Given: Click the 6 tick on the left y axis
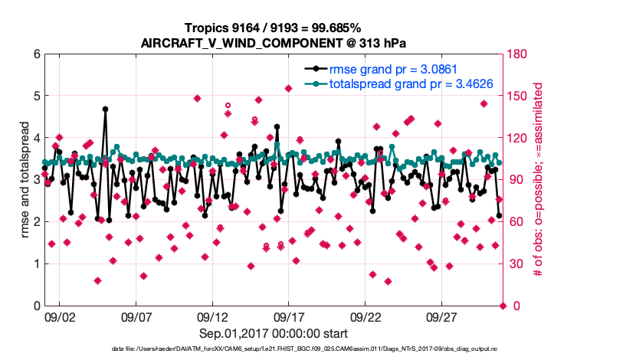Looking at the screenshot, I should [x=36, y=54].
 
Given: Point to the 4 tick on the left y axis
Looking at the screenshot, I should [x=36, y=139].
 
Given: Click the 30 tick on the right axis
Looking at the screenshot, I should [x=517, y=264].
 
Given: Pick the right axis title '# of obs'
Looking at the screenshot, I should [x=538, y=180].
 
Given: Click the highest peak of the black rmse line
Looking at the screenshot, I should [x=105, y=109].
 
